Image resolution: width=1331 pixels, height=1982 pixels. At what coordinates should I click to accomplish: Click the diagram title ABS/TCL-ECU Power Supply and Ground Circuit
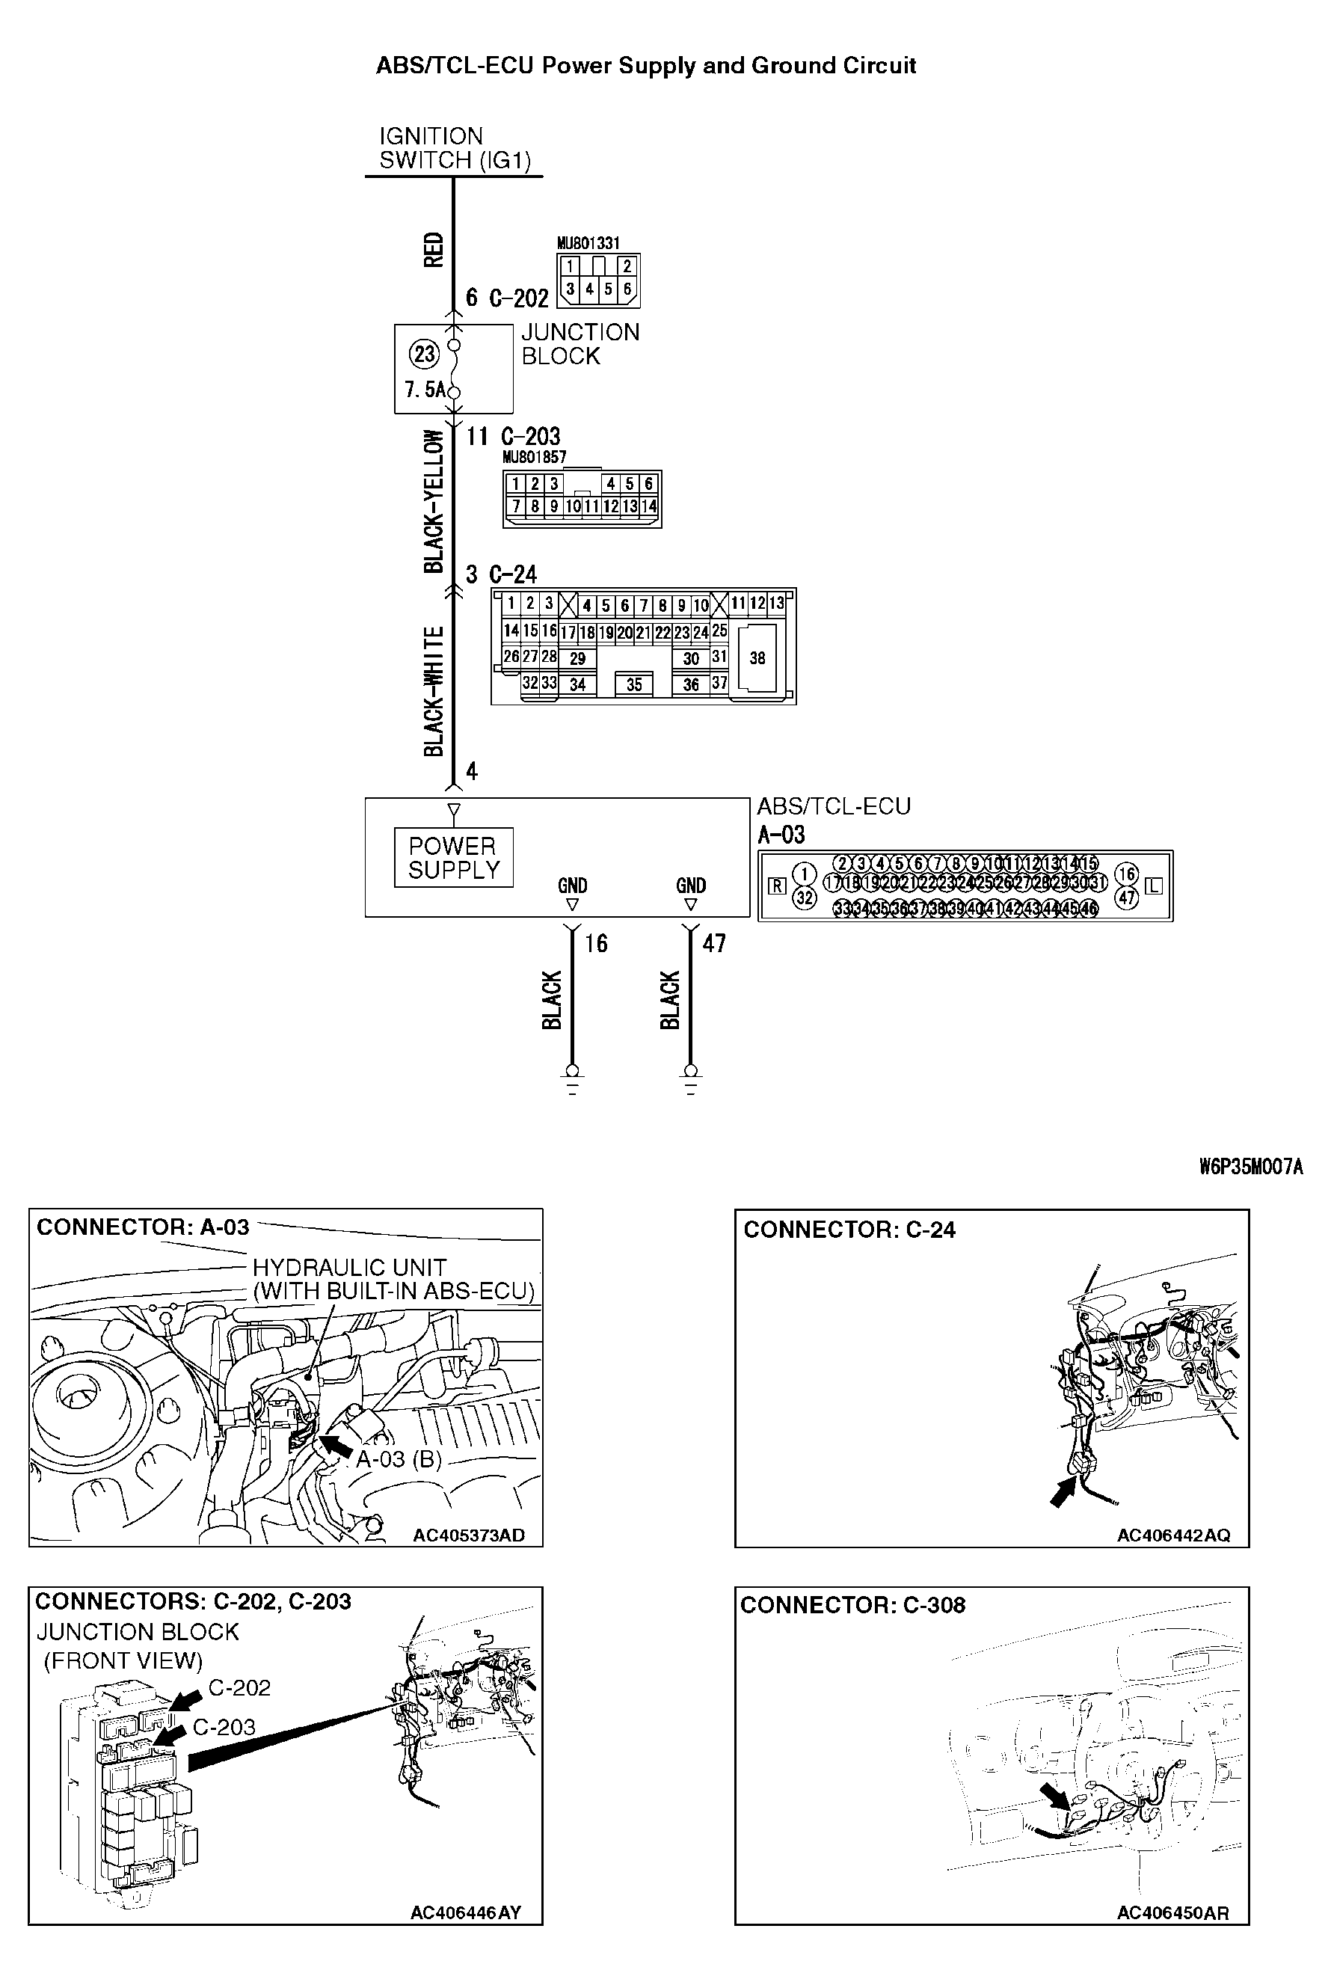[646, 65]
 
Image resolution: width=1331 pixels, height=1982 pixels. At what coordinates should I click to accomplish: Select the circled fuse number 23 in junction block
[425, 353]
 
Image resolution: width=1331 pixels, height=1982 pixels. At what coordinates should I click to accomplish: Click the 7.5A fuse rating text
[425, 390]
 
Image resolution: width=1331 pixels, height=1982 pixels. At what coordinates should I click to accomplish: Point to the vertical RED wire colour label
[434, 251]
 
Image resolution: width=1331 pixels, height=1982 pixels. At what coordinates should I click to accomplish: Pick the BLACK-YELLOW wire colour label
[434, 502]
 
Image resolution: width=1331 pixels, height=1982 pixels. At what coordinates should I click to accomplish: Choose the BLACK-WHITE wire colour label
[434, 692]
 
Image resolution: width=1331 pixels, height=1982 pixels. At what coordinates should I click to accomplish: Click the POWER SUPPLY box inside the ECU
[453, 858]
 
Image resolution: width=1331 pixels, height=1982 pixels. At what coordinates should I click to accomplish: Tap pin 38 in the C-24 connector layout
[757, 658]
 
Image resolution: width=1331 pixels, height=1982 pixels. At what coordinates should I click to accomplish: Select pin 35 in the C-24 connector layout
[634, 685]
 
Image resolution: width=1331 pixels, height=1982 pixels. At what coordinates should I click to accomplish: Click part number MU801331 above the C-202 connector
[588, 244]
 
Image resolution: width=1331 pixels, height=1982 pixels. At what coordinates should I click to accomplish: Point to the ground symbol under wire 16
[572, 1081]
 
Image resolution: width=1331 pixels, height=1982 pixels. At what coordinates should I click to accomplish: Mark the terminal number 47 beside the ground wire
[714, 943]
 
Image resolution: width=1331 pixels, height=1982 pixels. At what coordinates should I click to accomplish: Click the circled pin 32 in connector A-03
[804, 898]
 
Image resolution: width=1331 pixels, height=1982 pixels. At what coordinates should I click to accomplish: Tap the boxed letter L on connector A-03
[1154, 886]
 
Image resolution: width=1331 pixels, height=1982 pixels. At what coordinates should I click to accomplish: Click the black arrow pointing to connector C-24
[1062, 1492]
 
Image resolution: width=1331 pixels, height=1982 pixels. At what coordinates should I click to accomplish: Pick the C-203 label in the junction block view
[224, 1728]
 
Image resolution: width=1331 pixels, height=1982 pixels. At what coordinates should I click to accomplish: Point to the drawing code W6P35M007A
[1251, 1167]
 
